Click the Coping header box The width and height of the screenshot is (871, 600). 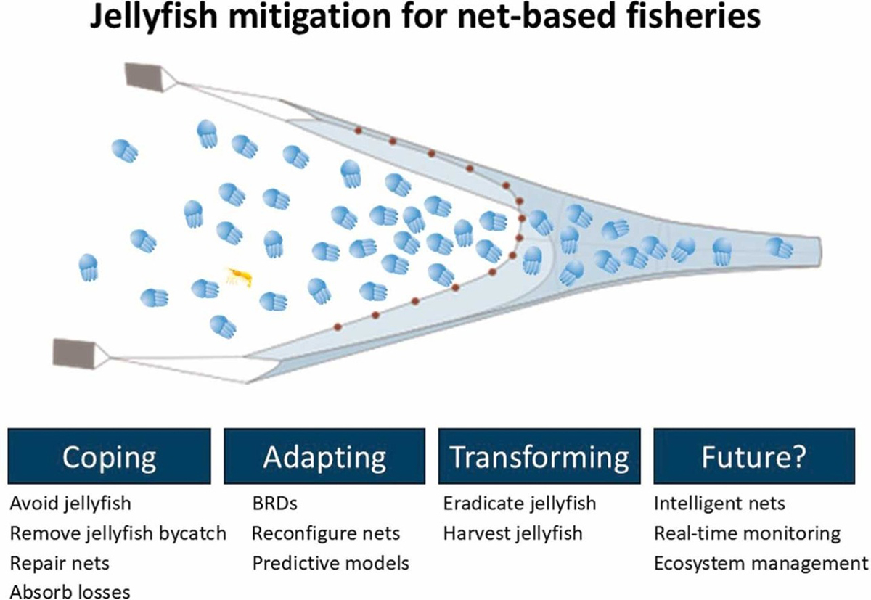point(110,456)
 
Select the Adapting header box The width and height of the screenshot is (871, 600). point(324,456)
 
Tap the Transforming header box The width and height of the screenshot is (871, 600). point(539,456)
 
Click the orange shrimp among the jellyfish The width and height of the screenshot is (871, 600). point(240,276)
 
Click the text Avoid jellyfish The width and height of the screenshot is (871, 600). point(71,502)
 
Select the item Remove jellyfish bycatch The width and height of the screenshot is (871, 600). point(118,533)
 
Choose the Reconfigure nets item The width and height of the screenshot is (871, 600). point(326,533)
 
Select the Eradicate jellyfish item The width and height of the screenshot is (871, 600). point(519,502)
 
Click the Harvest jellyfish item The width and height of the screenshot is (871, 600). point(512,533)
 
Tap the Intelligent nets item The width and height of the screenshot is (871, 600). point(719,502)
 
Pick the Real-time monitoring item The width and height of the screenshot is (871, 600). point(748,533)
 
